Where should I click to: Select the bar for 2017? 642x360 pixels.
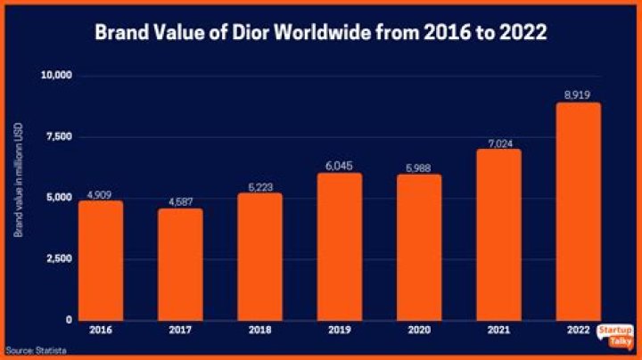180,265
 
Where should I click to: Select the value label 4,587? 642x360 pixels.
180,200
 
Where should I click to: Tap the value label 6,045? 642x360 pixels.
342,165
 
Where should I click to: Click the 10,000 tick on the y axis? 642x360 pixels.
55,76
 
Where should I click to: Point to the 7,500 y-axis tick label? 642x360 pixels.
58,136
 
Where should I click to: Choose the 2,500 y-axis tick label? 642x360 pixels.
58,258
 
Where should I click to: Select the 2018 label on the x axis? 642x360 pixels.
261,331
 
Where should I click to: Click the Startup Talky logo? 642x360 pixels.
615,335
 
